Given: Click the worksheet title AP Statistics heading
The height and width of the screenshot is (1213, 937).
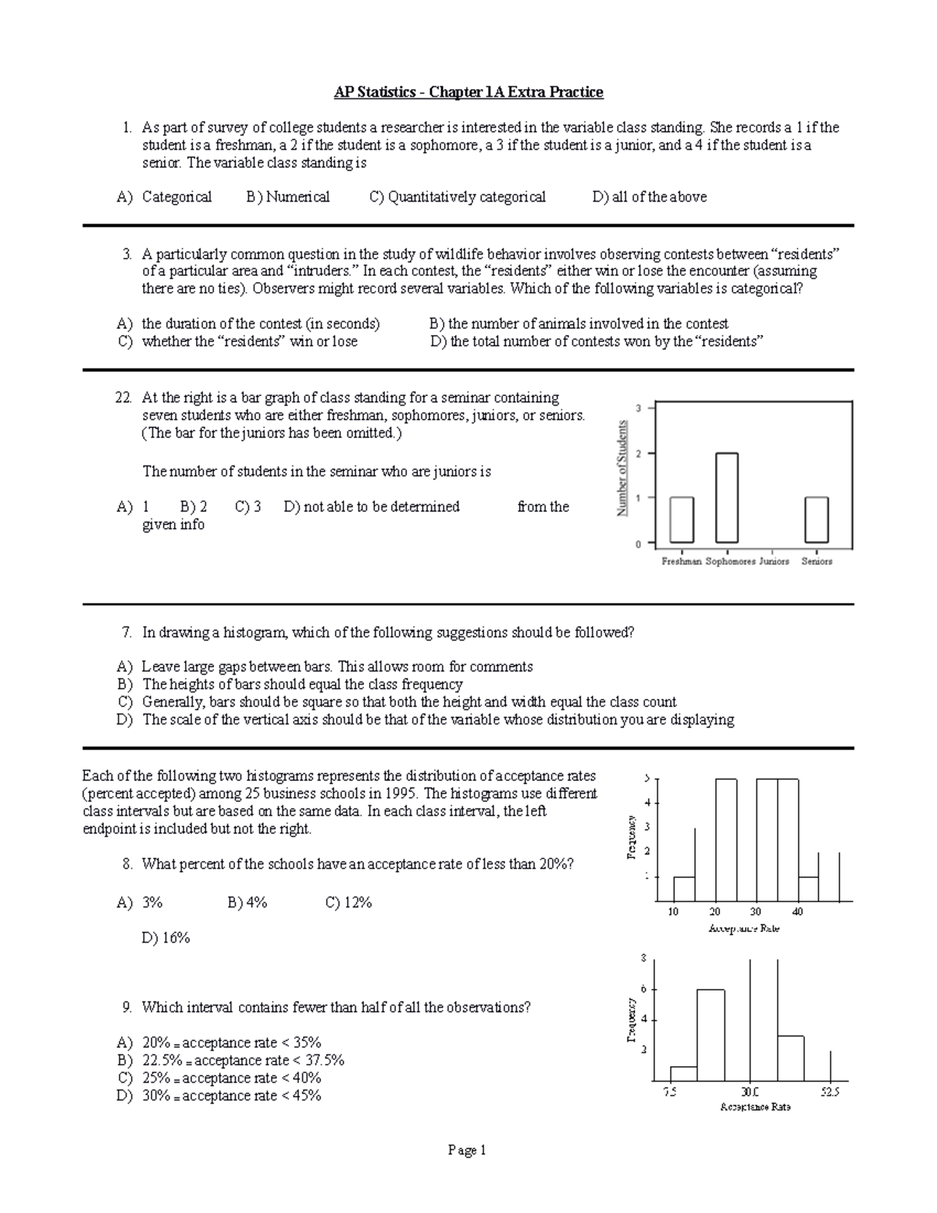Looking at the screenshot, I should (x=468, y=92).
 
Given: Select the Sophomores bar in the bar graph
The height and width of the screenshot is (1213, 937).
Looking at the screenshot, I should (x=726, y=498).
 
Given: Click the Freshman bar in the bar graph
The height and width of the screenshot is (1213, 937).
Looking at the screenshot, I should (x=681, y=519).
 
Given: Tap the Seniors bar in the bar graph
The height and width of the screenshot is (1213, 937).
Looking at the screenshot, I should (x=817, y=519).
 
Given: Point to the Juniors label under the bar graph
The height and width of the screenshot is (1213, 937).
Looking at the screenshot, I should (x=773, y=561).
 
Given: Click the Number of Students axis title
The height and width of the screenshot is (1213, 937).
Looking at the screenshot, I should (x=622, y=468).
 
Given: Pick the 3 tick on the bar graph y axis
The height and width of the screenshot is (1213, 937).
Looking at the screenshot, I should (x=640, y=408).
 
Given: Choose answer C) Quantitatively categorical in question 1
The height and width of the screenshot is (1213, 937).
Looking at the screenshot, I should (x=458, y=197).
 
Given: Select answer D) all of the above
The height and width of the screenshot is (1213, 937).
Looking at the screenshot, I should (x=650, y=197).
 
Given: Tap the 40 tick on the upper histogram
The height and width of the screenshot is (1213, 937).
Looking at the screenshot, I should (x=797, y=912).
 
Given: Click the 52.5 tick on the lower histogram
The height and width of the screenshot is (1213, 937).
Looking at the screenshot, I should (x=830, y=1092).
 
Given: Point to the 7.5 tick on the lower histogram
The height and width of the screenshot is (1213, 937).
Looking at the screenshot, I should (x=670, y=1092).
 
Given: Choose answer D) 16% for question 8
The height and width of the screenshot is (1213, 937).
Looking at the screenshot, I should (x=166, y=937).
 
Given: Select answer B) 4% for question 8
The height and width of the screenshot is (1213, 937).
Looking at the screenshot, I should (x=248, y=902).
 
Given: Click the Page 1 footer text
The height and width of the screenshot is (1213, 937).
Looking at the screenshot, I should (x=468, y=1150).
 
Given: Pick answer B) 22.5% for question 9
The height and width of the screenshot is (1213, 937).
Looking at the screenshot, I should (x=231, y=1060).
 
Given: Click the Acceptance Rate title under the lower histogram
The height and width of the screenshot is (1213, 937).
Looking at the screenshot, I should (x=755, y=1107).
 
